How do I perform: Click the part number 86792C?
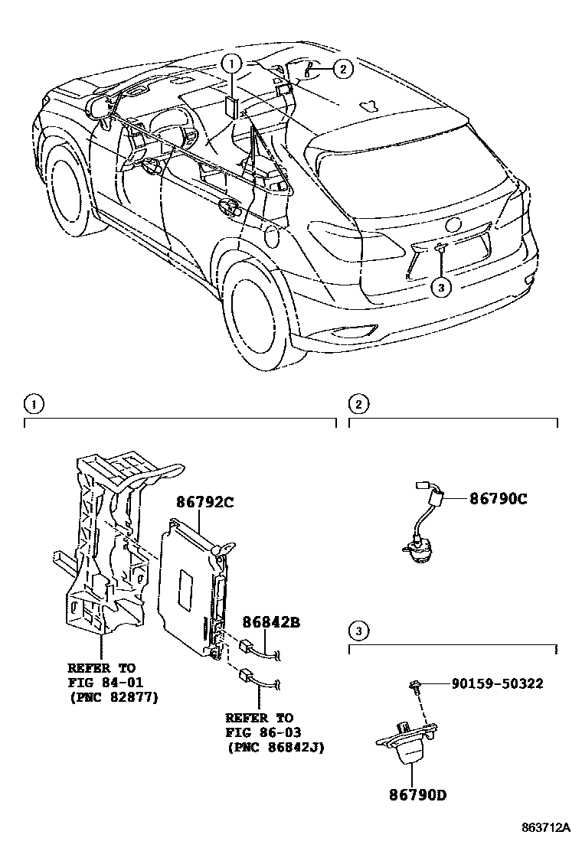[x=204, y=502]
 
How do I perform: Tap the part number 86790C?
[x=498, y=498]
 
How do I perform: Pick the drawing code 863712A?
[x=546, y=828]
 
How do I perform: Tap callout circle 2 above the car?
[x=342, y=70]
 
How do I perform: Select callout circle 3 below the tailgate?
[x=441, y=286]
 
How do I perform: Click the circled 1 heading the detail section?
[x=31, y=403]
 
